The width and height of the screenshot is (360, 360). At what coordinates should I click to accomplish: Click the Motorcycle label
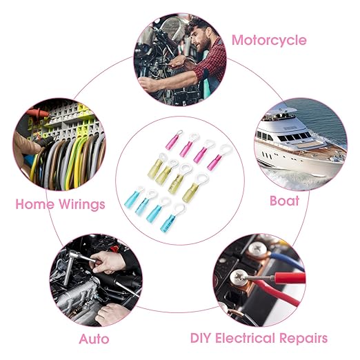pos(269,41)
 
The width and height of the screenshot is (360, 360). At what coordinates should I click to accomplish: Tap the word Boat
pos(284,201)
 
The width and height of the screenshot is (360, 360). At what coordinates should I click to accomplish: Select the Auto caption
pos(94,339)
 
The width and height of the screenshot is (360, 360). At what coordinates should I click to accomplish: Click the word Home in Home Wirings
pos(34,203)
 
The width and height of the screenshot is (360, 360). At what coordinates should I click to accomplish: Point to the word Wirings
pos(82,204)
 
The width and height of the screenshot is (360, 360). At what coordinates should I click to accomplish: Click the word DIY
pos(200,338)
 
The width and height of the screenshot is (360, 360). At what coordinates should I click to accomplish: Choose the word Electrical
pos(245,338)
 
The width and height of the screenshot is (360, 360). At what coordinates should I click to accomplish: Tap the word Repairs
pos(303,339)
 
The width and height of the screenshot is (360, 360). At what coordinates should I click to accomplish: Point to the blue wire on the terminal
pos(288,260)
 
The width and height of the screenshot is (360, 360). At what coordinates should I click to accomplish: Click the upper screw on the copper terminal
pos(258,249)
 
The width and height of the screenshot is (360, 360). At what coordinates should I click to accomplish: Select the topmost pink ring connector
pos(174,140)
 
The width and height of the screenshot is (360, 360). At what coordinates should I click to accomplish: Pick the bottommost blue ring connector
pos(172,217)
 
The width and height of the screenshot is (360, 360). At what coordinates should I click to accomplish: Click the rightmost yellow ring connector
pos(195,188)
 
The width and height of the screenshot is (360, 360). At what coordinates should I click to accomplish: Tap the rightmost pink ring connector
pos(219,157)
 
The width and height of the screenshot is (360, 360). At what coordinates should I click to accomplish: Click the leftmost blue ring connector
pos(134,197)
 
